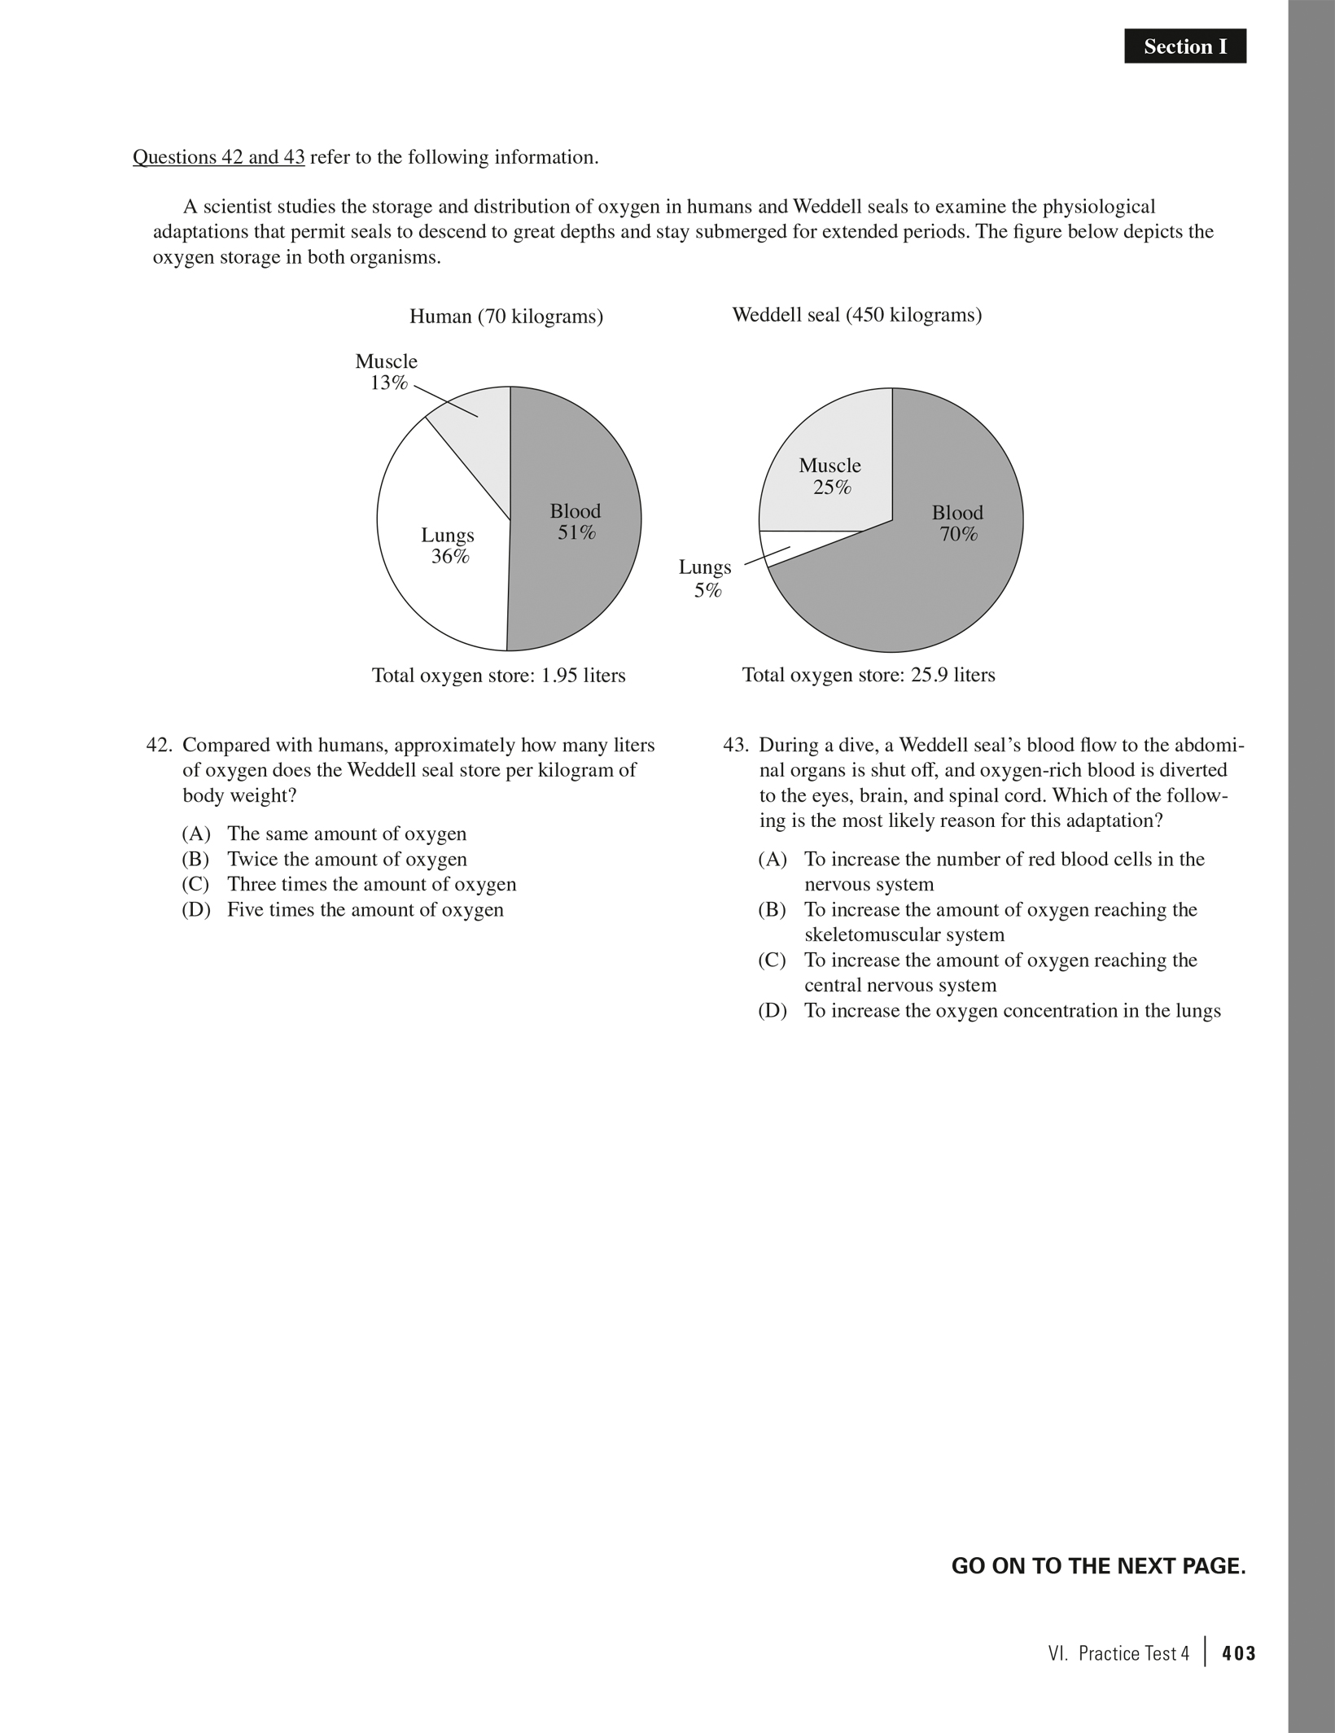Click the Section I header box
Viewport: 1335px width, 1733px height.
(1184, 47)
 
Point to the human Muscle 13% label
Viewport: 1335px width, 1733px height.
(387, 372)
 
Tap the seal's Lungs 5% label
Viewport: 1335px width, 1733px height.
(705, 579)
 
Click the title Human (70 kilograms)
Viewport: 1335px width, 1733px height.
(506, 317)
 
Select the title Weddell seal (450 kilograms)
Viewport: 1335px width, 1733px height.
(856, 315)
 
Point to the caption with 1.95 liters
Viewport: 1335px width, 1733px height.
(498, 676)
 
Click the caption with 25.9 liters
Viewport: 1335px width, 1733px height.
(869, 676)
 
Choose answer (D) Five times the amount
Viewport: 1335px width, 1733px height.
(342, 910)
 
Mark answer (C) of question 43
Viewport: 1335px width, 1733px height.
(977, 973)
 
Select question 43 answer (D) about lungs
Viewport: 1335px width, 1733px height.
(989, 1011)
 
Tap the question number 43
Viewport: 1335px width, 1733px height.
(735, 746)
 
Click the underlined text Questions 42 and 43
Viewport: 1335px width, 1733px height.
(218, 157)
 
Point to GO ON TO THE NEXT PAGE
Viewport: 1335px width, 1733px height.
(1098, 1566)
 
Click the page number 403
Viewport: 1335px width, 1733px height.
(1238, 1654)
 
